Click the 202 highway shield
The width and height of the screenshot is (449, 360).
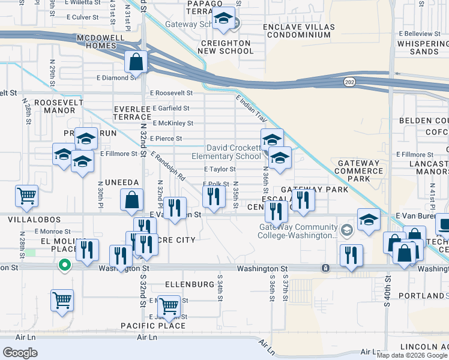tap(349, 81)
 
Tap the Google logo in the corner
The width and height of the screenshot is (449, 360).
tap(20, 353)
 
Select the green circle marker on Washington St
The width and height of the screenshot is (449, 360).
tap(64, 265)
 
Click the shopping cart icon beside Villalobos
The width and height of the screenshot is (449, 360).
tap(27, 196)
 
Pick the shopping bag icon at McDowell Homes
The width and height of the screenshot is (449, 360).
tap(137, 62)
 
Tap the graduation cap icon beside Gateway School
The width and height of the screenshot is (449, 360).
tap(223, 20)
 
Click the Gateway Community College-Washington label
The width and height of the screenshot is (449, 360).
tap(298, 231)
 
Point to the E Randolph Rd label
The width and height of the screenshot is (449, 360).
tap(168, 168)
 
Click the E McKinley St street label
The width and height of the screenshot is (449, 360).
tap(173, 124)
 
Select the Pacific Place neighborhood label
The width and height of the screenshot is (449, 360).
tap(153, 326)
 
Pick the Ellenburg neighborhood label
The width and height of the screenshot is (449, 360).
tap(189, 284)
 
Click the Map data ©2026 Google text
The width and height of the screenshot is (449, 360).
tap(412, 355)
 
